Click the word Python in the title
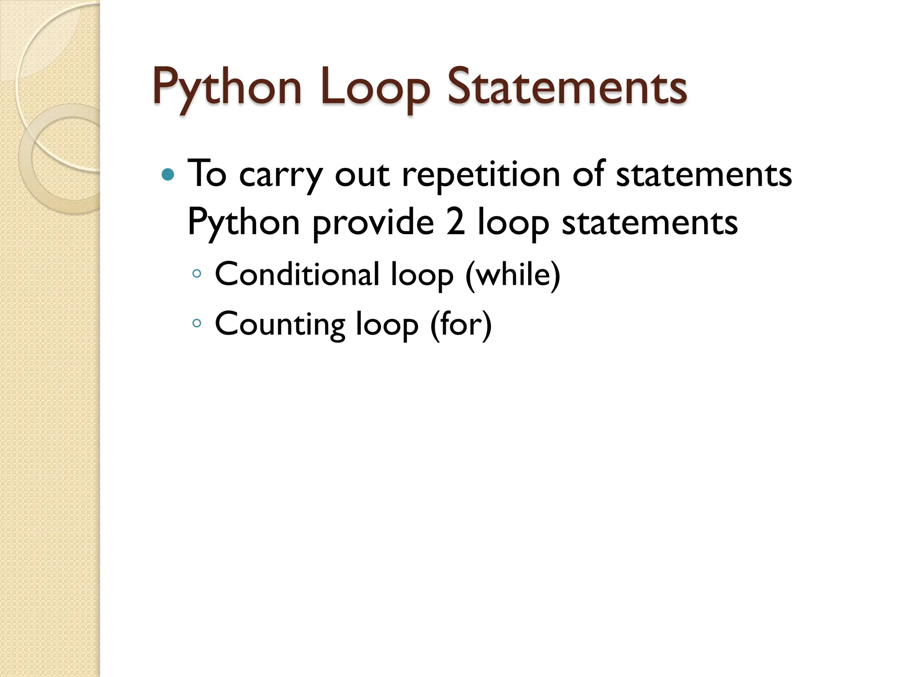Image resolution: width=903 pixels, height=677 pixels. [227, 87]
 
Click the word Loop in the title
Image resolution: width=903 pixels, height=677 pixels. [375, 87]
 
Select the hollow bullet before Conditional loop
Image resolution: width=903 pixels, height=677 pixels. [197, 274]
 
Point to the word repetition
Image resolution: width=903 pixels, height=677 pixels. [481, 175]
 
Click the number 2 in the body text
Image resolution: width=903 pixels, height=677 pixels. [455, 222]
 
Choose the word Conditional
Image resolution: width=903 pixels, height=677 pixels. [297, 274]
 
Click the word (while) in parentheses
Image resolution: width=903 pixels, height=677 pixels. [513, 274]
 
